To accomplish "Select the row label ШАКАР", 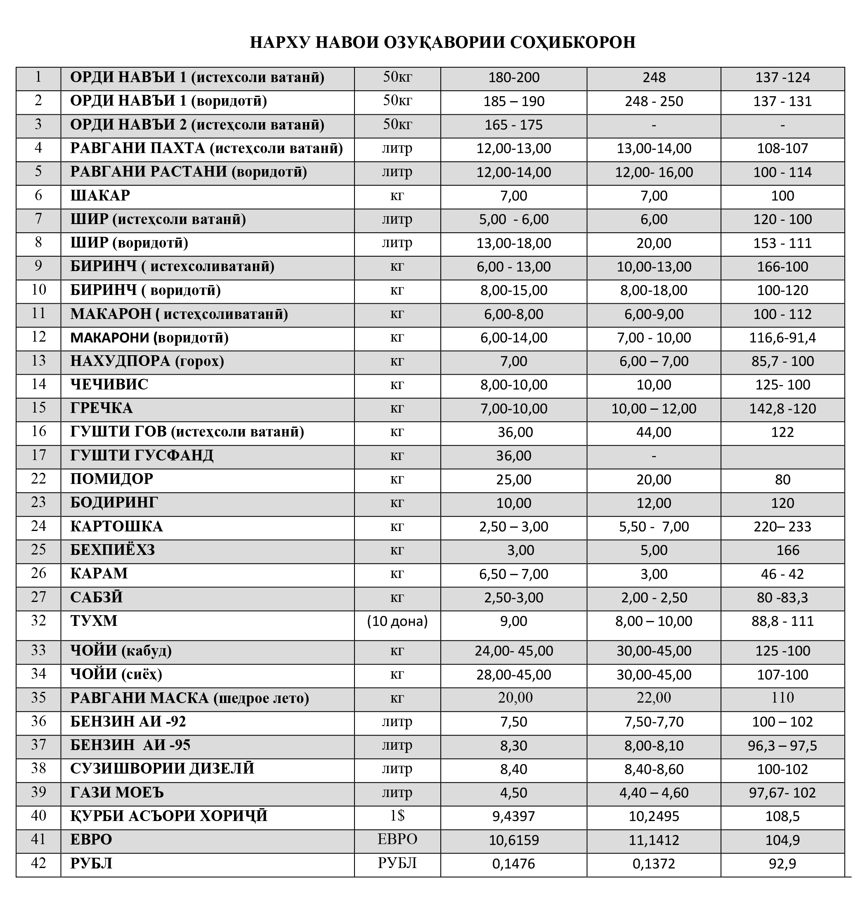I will pos(100,196).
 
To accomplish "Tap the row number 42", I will pos(38,863).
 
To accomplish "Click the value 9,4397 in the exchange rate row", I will pos(514,816).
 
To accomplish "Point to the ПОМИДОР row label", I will pos(111,479).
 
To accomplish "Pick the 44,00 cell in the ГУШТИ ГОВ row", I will pos(653,432).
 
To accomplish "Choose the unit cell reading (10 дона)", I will pos(397,621).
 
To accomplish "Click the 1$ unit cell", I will pos(397,816).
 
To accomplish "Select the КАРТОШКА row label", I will pos(116,527).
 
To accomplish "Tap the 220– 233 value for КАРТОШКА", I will pos(782,527).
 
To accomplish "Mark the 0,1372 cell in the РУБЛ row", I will pos(653,864).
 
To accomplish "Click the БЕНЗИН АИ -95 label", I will pos(130,745).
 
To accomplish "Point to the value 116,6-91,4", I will pos(782,338).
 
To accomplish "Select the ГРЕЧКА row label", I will pos(102,408).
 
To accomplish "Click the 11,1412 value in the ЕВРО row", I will pos(653,840).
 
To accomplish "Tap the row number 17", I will pos(38,455).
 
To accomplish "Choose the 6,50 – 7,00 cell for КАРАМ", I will pos(514,574).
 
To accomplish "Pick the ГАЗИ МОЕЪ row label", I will pos(117,793).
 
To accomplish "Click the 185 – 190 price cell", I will pos(514,101).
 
